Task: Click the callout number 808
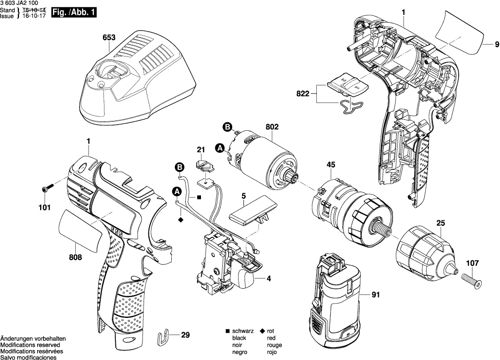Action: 75,257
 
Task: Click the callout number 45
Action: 331,165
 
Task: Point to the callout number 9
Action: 495,45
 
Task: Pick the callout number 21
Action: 200,150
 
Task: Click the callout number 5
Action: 244,197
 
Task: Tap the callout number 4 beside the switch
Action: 269,279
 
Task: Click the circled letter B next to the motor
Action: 227,127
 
